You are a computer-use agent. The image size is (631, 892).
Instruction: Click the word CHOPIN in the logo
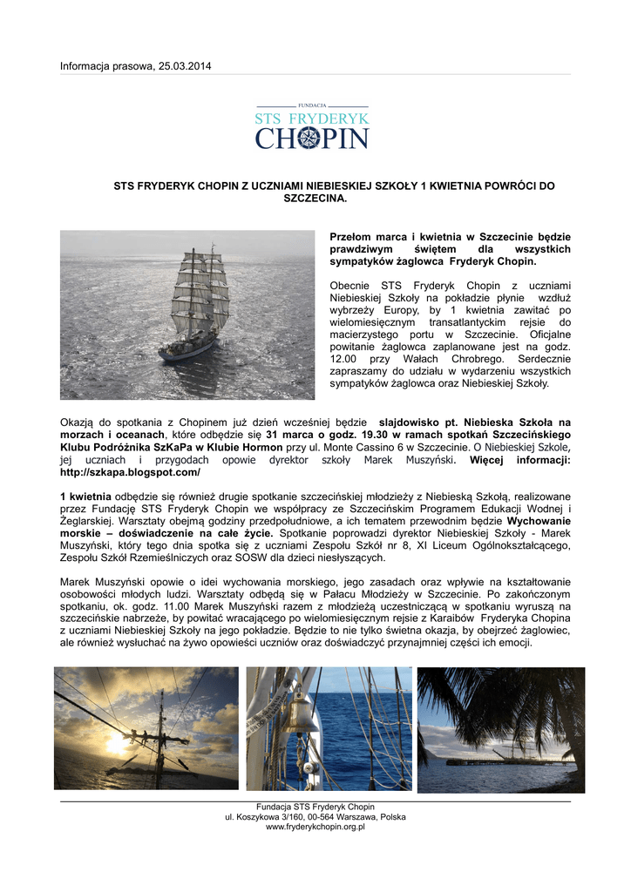312,139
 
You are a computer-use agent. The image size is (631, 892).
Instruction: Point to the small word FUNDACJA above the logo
311,105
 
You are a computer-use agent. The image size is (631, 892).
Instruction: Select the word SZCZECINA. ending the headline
316,199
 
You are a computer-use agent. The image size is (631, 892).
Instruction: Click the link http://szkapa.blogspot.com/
130,472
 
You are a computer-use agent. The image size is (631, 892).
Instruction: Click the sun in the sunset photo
117,743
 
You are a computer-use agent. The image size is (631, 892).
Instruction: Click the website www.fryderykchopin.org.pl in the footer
315,827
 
